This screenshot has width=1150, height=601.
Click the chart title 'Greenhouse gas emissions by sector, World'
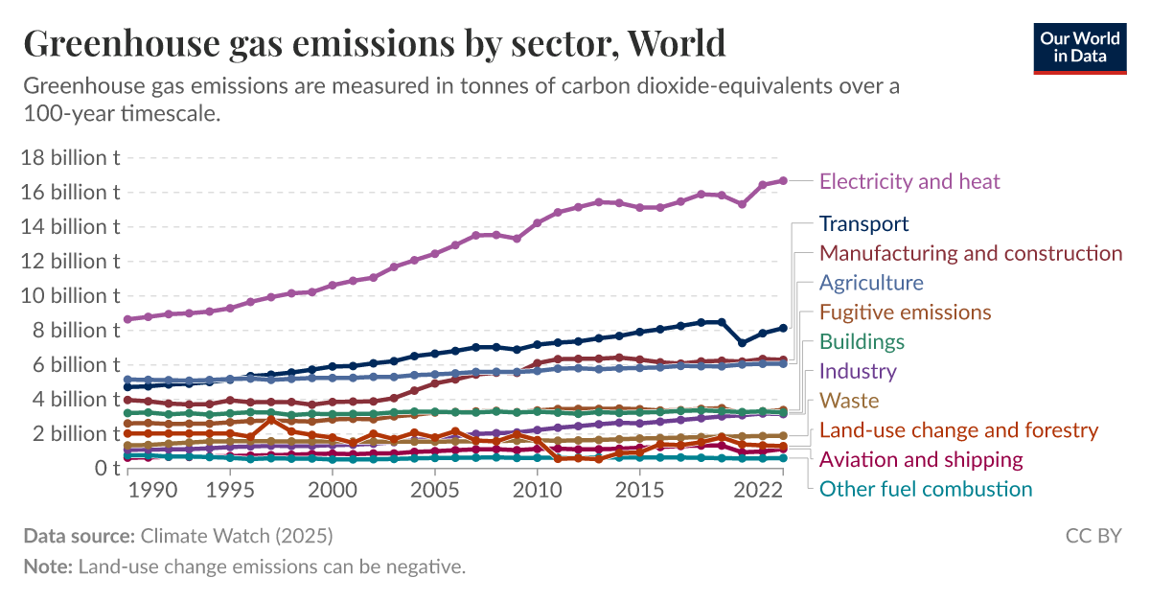[374, 43]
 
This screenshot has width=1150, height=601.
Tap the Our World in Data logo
[1080, 47]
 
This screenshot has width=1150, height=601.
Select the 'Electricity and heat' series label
[909, 181]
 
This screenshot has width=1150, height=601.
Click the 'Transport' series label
[863, 224]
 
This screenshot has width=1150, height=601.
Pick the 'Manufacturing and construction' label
[971, 254]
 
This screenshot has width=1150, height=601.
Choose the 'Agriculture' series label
[871, 283]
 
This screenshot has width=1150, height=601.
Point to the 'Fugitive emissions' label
[905, 312]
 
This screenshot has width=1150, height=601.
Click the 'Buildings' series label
[862, 342]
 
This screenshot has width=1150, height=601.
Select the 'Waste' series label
[849, 401]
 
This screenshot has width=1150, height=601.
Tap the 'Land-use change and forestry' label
[958, 430]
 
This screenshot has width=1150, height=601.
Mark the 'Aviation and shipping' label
[921, 460]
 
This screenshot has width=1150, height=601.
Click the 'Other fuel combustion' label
[926, 490]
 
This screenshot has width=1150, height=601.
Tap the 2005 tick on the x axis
[435, 490]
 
